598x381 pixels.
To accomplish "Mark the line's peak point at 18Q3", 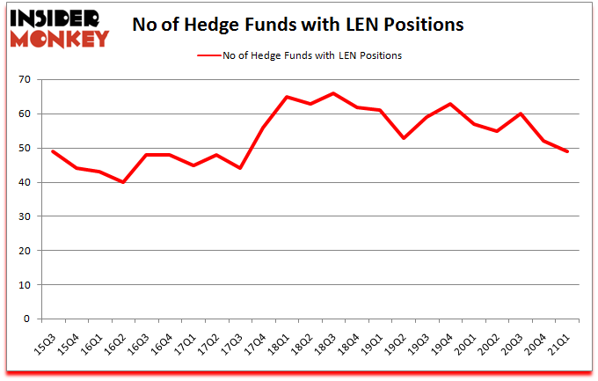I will point(333,93).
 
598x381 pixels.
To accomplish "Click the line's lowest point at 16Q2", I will point(123,182).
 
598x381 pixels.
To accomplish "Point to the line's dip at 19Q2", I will point(404,138).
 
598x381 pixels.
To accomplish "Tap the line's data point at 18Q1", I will point(287,97).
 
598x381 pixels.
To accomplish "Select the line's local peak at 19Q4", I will point(450,104).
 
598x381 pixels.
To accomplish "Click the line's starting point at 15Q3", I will point(54,151).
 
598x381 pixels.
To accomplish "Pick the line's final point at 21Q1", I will point(567,151).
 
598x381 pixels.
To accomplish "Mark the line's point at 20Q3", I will point(521,114).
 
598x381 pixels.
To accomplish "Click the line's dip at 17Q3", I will point(240,169).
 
